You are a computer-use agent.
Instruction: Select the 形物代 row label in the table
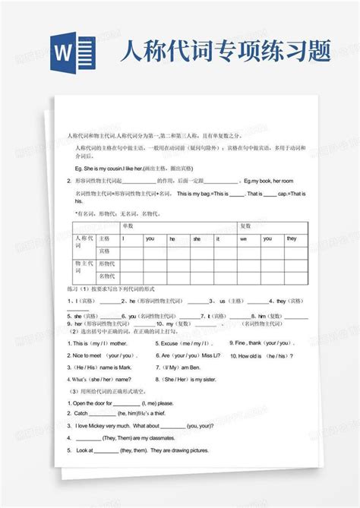tap(107, 264)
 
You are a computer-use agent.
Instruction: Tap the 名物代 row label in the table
tap(107, 277)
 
